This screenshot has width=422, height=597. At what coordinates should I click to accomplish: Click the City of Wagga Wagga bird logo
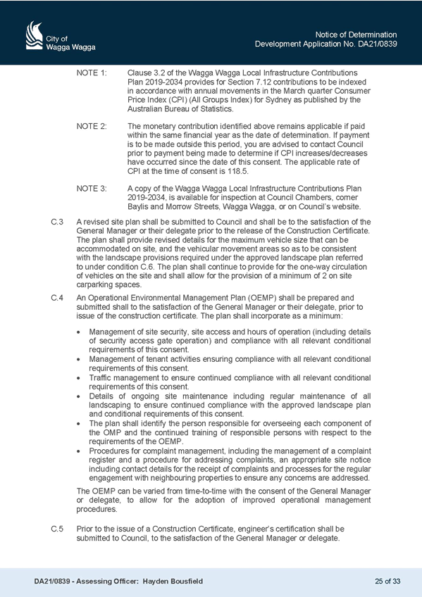34,35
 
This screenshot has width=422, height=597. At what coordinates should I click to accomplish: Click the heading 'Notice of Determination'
356,34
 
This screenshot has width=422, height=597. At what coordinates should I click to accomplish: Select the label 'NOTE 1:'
92,73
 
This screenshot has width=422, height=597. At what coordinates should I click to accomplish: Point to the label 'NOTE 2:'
92,126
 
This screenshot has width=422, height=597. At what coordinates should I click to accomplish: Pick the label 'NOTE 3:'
92,189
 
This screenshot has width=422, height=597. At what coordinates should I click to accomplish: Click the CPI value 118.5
240,171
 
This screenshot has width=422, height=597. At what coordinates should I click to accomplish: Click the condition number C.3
57,222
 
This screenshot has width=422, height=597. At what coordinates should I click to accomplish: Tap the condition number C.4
57,298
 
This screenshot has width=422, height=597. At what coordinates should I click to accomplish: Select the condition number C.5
57,529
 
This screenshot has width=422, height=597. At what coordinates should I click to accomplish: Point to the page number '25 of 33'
387,581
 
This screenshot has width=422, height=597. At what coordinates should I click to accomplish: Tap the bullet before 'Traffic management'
78,379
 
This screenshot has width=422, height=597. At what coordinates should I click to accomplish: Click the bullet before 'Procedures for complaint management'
78,451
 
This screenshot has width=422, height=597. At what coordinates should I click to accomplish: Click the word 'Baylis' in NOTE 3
137,207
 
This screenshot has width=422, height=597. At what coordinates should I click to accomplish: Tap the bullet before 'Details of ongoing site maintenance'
78,397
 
